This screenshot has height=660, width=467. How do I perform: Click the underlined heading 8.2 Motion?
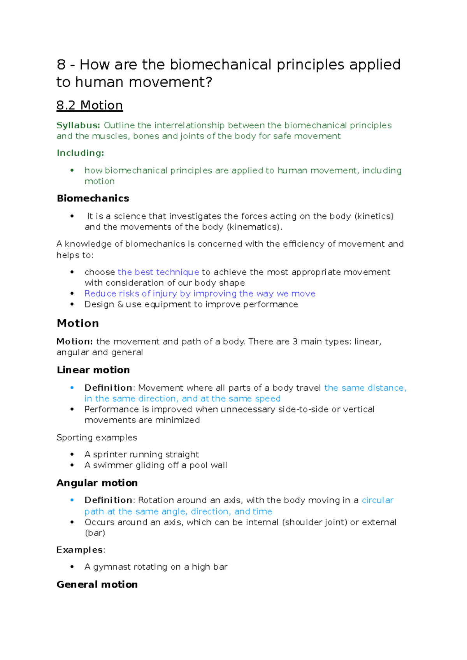click(x=90, y=105)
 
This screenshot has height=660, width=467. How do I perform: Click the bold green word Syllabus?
click(x=78, y=125)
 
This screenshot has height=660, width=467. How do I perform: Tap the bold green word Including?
click(x=80, y=153)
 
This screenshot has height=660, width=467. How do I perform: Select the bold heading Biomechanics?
click(x=93, y=198)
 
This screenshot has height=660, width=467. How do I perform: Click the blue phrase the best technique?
click(x=158, y=272)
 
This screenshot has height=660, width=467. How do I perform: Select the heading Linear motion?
click(x=93, y=370)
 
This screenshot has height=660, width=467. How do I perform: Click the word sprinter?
click(x=110, y=455)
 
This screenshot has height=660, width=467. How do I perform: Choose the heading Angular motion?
click(x=97, y=483)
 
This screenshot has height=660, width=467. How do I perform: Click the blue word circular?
click(x=377, y=500)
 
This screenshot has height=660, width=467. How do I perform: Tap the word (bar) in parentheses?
click(x=95, y=533)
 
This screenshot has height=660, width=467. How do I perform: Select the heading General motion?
click(x=97, y=585)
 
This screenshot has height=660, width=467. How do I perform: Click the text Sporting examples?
click(x=97, y=438)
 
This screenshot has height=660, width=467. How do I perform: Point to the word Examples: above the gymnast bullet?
click(x=81, y=550)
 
